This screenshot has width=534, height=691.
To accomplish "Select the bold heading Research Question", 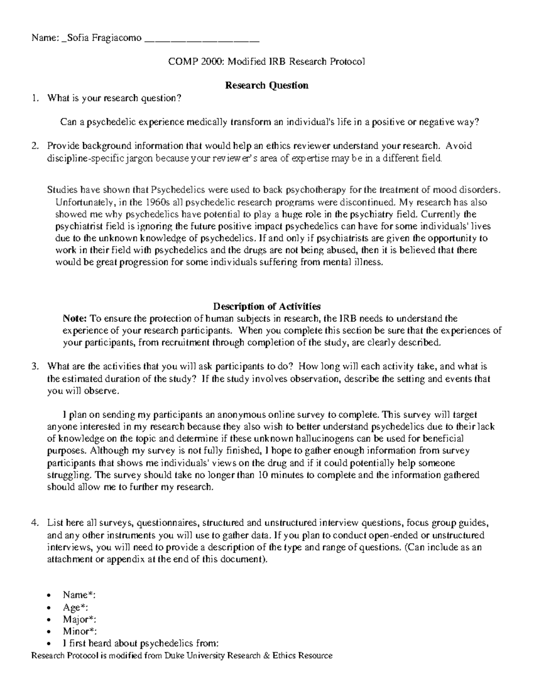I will tap(267, 85).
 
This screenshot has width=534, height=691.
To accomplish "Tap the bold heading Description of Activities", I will tap(267, 306).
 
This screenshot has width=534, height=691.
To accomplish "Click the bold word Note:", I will tap(75, 318).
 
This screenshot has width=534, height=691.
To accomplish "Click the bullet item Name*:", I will tap(79, 595).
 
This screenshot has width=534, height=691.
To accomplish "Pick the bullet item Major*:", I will tap(79, 619).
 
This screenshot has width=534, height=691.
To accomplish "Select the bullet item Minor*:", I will tap(80, 631).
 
